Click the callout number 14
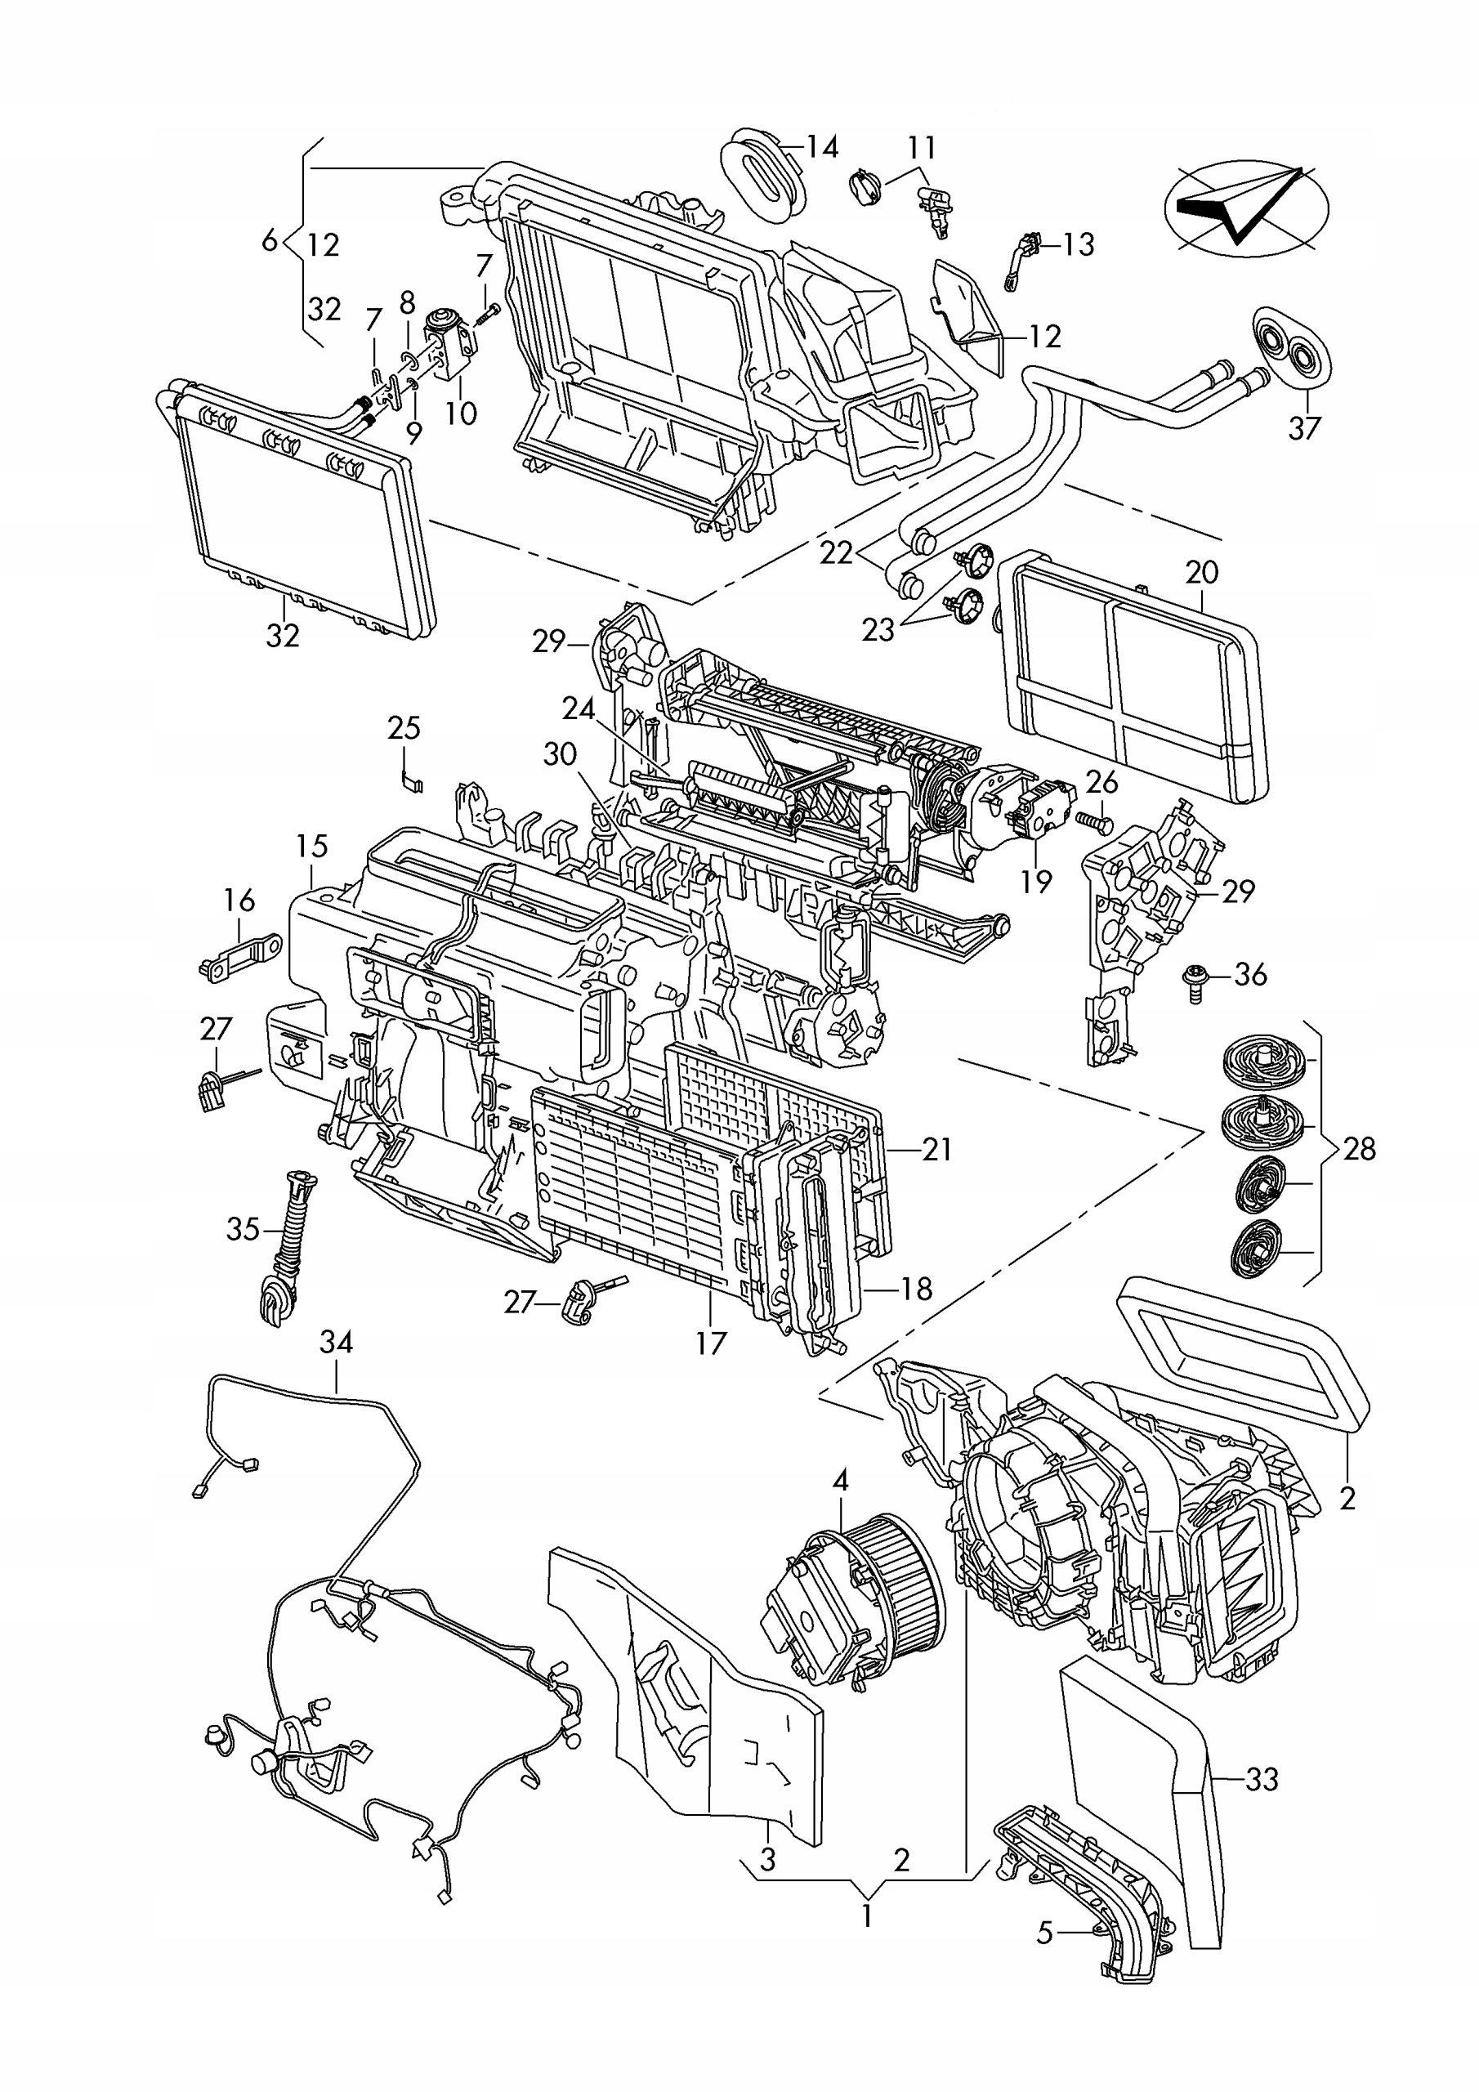point(822,147)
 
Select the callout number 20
point(1202,572)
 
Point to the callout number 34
point(337,1342)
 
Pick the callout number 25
point(404,728)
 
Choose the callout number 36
point(1250,975)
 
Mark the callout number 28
point(1359,1149)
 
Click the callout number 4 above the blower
point(840,1481)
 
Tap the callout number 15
point(311,846)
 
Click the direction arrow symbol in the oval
point(1246,208)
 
